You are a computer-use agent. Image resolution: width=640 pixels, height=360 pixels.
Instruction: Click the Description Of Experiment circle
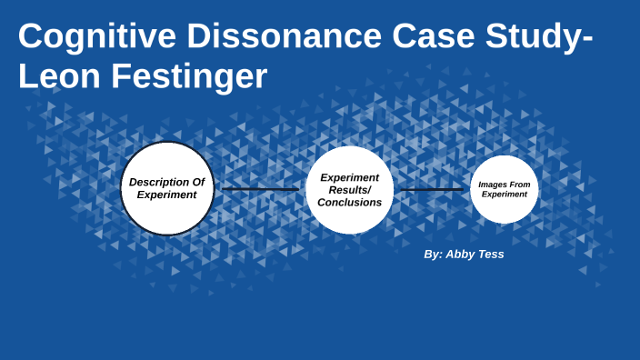[x=167, y=188]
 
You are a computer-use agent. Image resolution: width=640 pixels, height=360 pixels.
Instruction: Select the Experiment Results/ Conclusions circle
[x=350, y=190]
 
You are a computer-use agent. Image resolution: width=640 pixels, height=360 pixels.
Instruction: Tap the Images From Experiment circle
[x=505, y=189]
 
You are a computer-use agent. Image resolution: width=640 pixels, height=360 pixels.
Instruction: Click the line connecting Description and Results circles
[x=260, y=189]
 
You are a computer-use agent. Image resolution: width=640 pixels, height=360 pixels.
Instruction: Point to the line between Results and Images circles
[x=432, y=190]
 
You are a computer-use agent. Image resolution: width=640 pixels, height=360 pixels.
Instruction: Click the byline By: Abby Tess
[x=464, y=255]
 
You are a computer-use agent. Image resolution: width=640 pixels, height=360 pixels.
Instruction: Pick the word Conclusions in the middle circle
[x=350, y=203]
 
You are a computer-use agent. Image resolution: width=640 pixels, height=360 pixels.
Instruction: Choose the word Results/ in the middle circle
[x=350, y=190]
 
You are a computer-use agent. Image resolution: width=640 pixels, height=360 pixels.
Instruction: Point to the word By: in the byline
[x=433, y=255]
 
